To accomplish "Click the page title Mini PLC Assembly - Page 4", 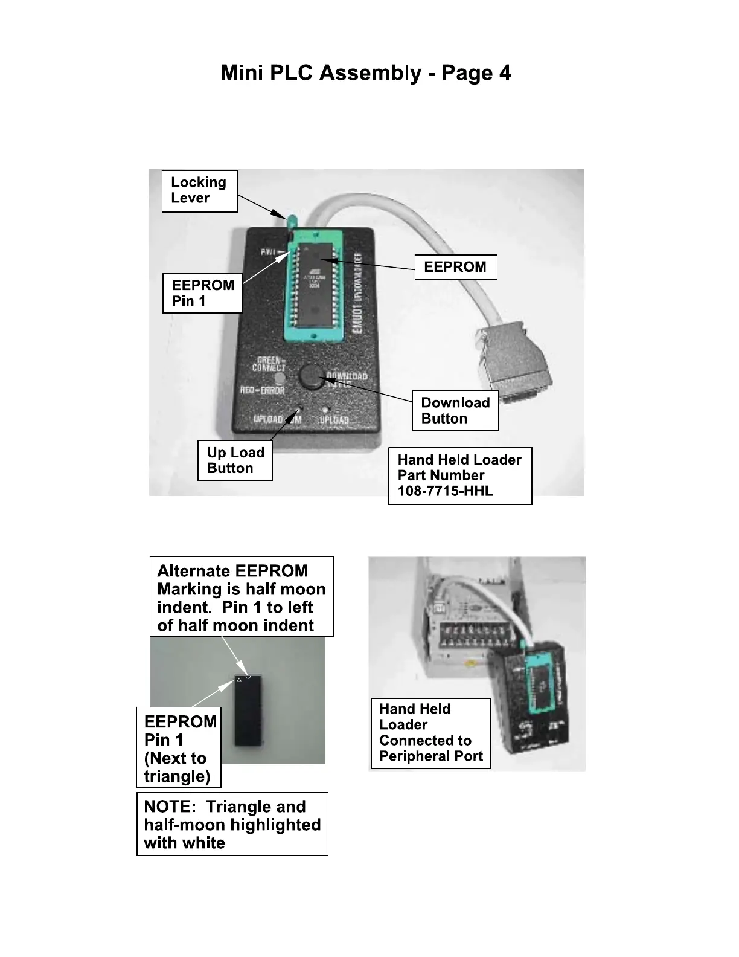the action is tap(365, 73).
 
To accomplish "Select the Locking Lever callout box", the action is tap(199, 190).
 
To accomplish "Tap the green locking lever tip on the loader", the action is tap(292, 219).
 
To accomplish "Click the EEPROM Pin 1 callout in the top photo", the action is tap(202, 293).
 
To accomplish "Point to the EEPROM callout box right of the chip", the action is tap(455, 267).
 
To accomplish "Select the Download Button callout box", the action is tap(455, 411).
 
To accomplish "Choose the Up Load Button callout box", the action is tap(235, 460).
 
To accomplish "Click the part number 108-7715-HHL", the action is tap(445, 491).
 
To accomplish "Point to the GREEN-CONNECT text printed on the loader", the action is tap(269, 364).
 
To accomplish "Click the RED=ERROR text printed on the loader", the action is tap(262, 390).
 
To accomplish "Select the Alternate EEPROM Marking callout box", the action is tap(242, 597).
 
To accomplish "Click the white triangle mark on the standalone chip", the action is tap(239, 680).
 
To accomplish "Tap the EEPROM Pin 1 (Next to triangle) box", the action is tap(179, 748).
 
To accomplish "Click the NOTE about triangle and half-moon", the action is tap(232, 824).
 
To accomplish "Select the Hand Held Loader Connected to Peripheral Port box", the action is tap(430, 733).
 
